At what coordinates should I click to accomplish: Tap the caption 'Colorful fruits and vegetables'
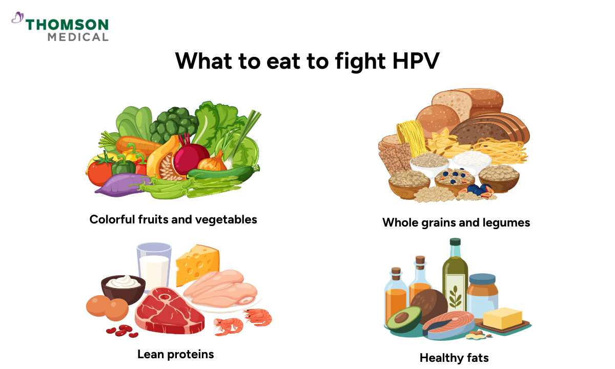coord(173,220)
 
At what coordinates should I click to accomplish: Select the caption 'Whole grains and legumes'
coord(456,223)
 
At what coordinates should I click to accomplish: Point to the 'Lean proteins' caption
coord(175,354)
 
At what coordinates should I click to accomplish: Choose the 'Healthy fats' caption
coord(454,358)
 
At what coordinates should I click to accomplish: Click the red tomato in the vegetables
coord(99,172)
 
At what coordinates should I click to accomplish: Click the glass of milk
coord(154,266)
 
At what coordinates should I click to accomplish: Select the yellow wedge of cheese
coord(197,264)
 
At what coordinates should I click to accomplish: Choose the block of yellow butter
coord(502,319)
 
